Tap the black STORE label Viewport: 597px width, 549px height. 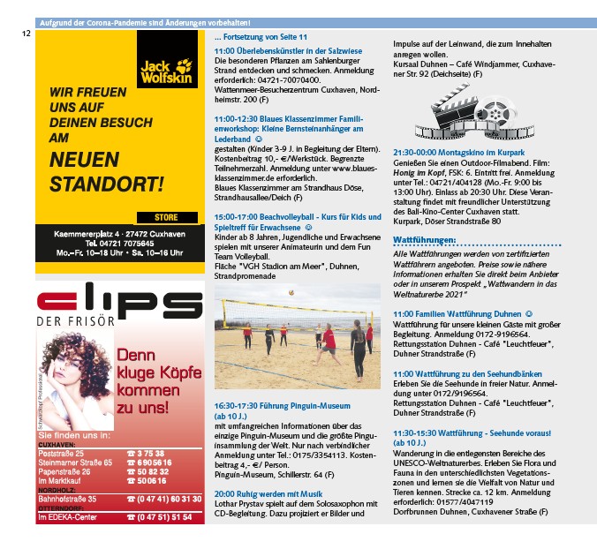coord(164,217)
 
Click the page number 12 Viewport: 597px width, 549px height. coord(26,33)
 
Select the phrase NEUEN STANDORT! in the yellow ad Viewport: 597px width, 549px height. coord(107,172)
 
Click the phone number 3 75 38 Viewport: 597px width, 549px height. coord(146,453)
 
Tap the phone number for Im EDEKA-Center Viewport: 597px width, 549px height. coord(159,517)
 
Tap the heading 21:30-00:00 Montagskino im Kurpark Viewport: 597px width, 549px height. coord(458,153)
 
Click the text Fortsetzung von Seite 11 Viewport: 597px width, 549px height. coord(261,37)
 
